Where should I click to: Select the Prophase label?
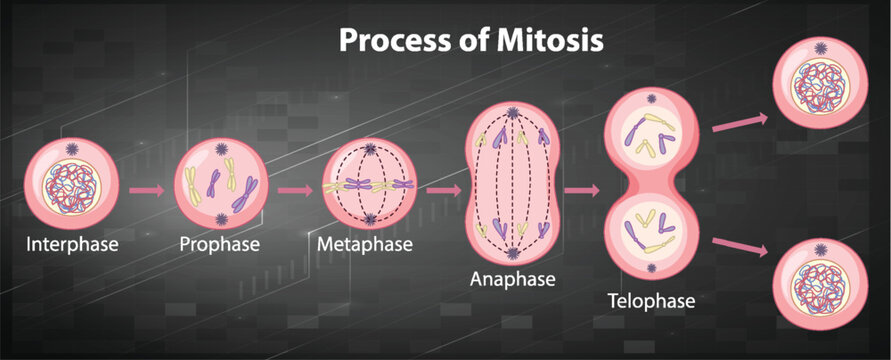tap(220, 243)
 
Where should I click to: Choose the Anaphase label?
tap(513, 279)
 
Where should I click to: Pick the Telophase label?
tap(651, 298)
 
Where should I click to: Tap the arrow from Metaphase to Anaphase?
tap(443, 187)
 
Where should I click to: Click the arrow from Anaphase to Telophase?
tap(580, 188)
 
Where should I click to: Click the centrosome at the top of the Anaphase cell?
tap(513, 113)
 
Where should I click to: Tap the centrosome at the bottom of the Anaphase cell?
tap(513, 250)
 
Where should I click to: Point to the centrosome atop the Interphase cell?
tap(72, 149)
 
